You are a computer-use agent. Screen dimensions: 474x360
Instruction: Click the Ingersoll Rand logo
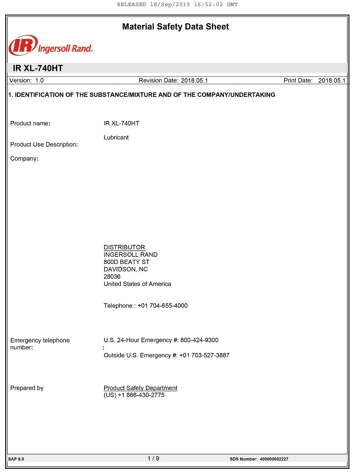click(50, 46)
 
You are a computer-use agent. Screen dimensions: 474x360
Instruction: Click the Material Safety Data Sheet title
click(175, 27)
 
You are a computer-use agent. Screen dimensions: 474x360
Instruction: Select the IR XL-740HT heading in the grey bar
click(38, 68)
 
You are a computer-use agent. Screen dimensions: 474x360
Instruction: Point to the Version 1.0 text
click(27, 80)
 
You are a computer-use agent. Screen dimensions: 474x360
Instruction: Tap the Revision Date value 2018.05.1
click(194, 80)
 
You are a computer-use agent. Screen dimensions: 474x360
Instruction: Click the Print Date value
click(332, 80)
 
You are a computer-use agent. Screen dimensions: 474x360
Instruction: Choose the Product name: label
click(30, 123)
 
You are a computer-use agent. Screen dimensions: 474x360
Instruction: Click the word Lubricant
click(116, 137)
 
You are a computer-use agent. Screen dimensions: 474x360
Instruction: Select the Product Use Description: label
click(44, 144)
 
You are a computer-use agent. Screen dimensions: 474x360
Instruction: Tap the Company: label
click(24, 158)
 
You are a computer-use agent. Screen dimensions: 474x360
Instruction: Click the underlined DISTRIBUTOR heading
click(124, 247)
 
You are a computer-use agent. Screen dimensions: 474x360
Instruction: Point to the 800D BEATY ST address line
click(126, 262)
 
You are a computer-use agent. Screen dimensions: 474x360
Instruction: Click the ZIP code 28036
click(112, 277)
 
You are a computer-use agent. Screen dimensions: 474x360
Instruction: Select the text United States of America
click(137, 284)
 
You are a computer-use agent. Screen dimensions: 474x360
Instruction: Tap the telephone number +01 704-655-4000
click(162, 305)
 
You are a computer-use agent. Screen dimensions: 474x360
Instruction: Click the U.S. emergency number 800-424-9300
click(199, 340)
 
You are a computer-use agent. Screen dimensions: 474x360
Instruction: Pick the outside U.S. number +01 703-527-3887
click(204, 355)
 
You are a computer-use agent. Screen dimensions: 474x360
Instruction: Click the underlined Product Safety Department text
click(140, 388)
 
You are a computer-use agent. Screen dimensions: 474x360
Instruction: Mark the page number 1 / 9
click(153, 459)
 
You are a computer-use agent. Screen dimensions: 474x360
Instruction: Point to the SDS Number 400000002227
click(274, 459)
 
